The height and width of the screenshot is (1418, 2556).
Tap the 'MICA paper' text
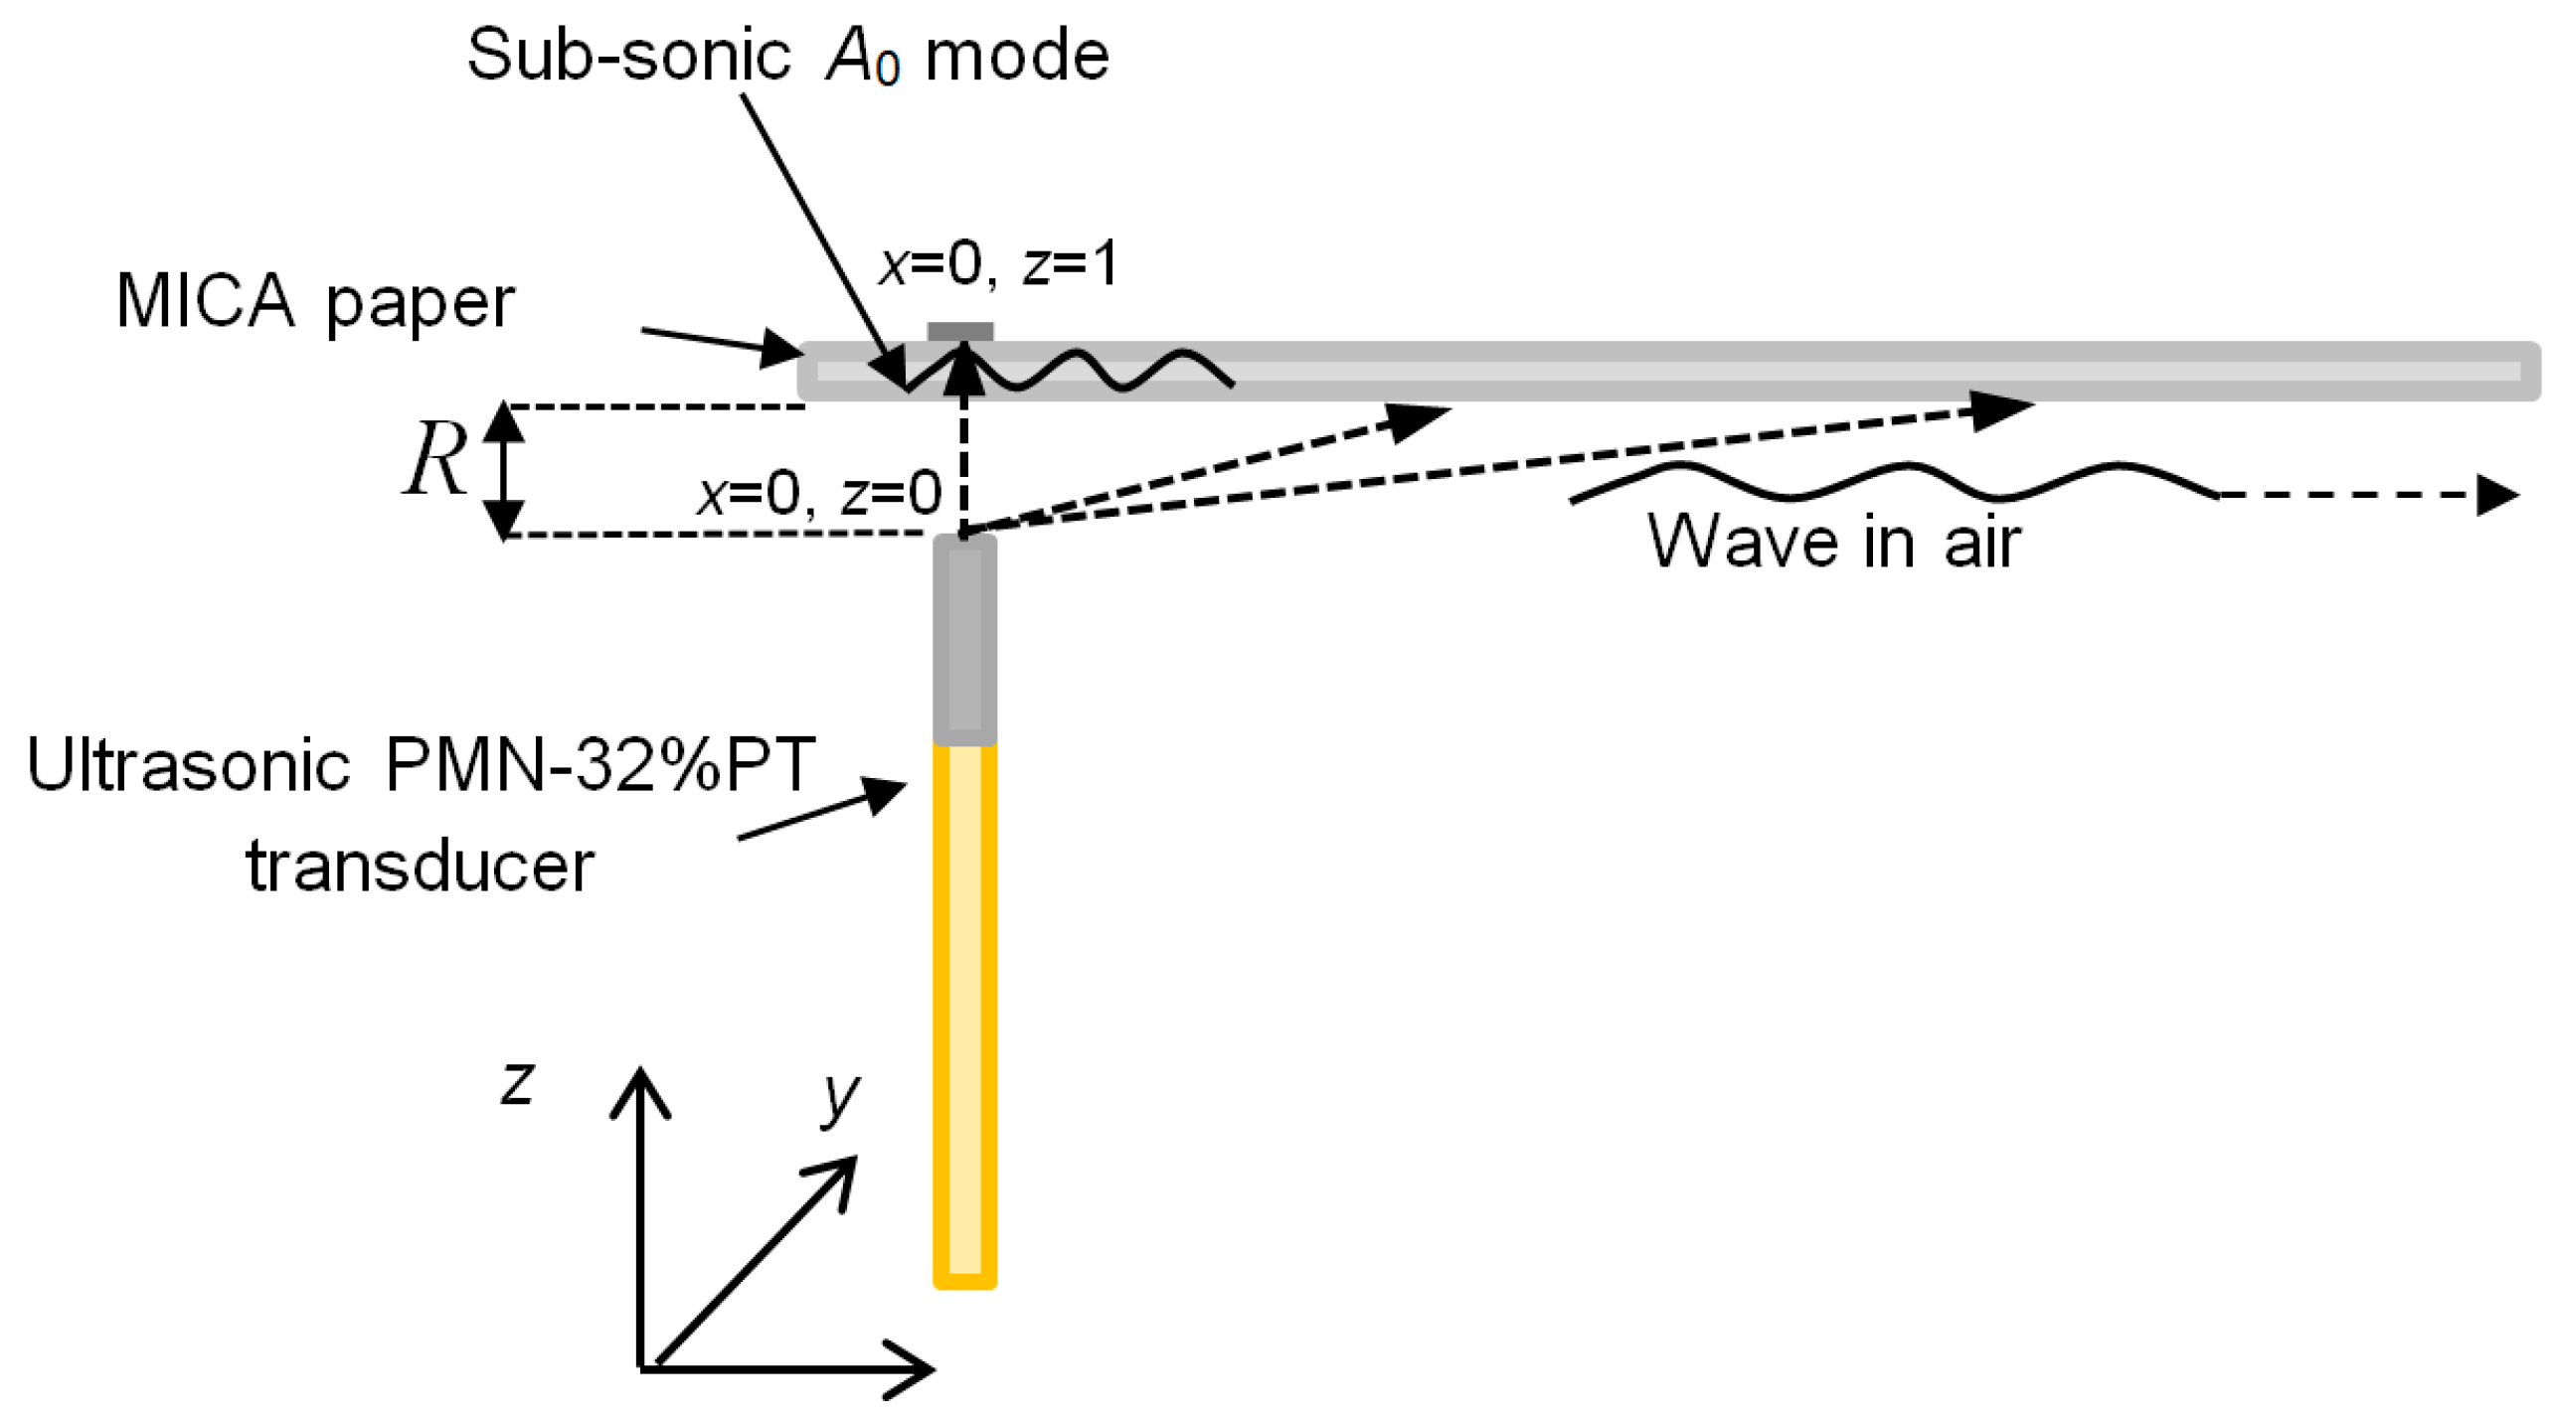(314, 301)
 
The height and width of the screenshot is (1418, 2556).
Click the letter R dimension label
(434, 459)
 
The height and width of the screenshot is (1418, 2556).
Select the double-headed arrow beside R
(504, 470)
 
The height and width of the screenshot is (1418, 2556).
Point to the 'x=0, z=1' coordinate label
(998, 264)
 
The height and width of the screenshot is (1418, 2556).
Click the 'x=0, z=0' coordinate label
(818, 493)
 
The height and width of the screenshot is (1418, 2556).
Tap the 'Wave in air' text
(1832, 543)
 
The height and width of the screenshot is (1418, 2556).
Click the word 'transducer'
(420, 867)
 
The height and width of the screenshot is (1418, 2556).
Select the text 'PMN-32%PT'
(599, 765)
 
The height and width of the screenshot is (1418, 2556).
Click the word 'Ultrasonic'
(189, 765)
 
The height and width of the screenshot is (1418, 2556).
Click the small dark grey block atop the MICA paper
(959, 332)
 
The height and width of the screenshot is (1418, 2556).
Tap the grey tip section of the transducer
(964, 641)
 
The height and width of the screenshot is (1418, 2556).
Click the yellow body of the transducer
(964, 1014)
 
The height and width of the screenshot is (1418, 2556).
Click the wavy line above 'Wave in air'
(1889, 481)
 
